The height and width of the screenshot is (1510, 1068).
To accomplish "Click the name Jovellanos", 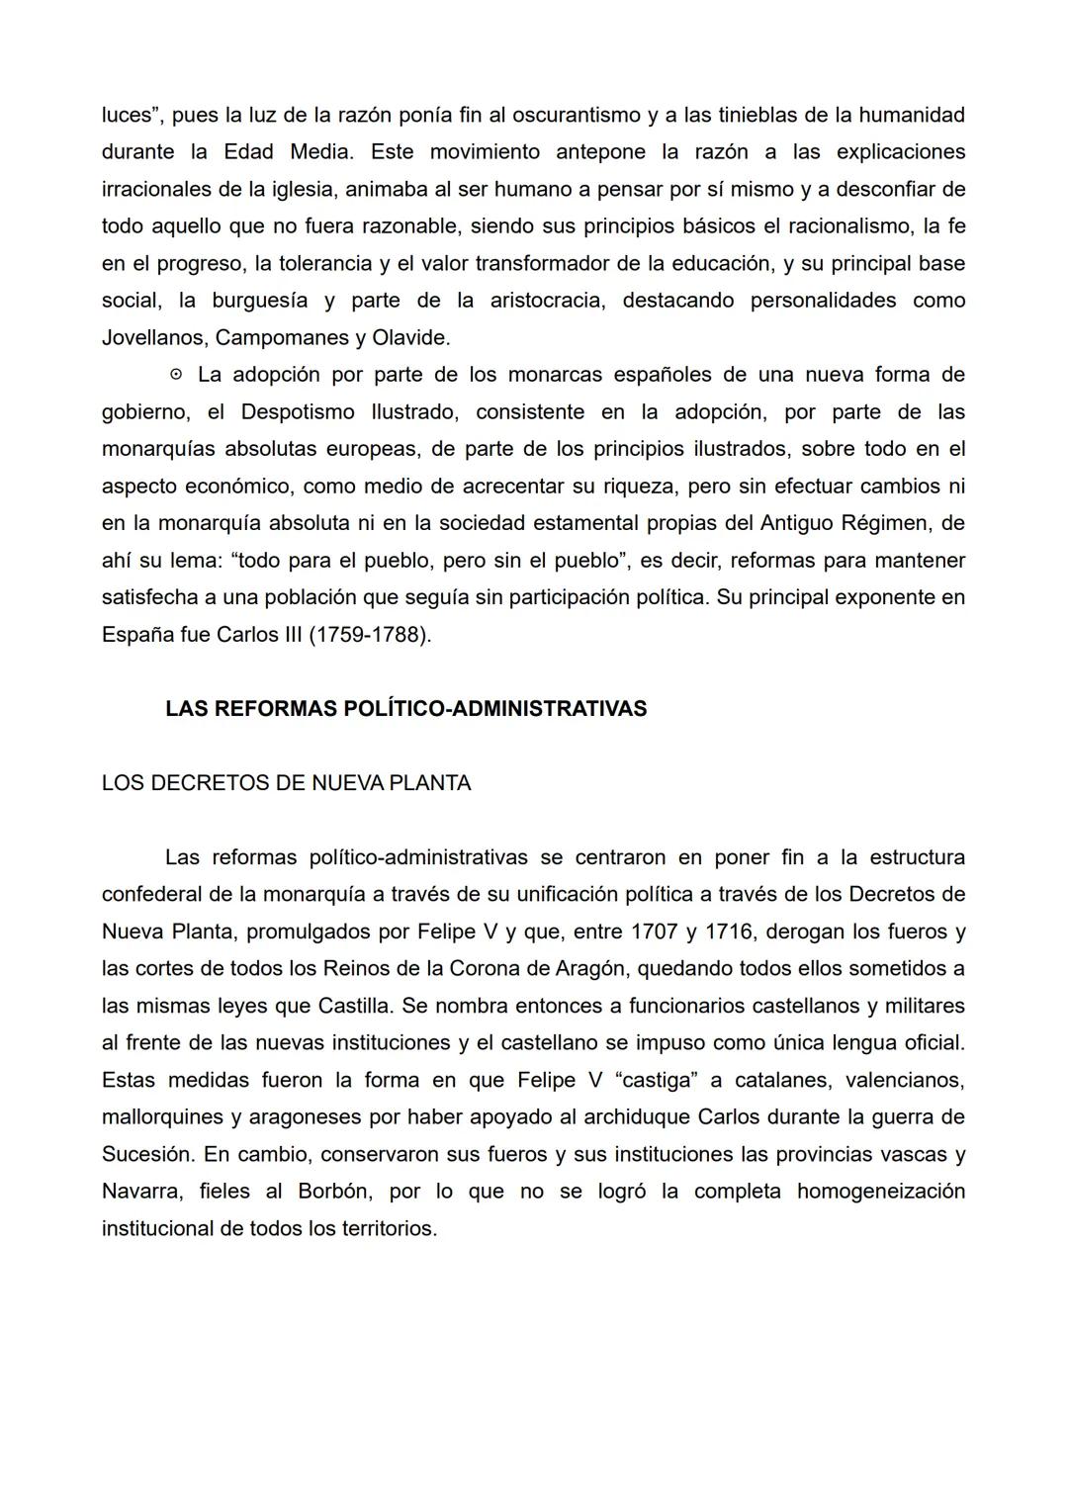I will coord(154,338).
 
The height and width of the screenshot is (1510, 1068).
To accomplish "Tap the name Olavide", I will coord(409,338).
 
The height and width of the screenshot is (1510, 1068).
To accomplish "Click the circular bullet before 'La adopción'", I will coord(176,375).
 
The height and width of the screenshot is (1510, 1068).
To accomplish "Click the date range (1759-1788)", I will coord(370,635).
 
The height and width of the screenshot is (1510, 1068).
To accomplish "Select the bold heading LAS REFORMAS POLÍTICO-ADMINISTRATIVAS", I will coord(405,709).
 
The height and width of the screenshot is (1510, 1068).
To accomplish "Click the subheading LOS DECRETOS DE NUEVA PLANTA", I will coord(286,783).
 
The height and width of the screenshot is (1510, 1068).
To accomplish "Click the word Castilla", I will coord(354,1006).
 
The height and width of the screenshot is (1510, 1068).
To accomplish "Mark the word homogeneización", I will coord(880,1192).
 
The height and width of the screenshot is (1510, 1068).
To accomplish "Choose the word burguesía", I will coord(259,301).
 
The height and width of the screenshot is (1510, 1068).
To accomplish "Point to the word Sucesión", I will coord(145,1154).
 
